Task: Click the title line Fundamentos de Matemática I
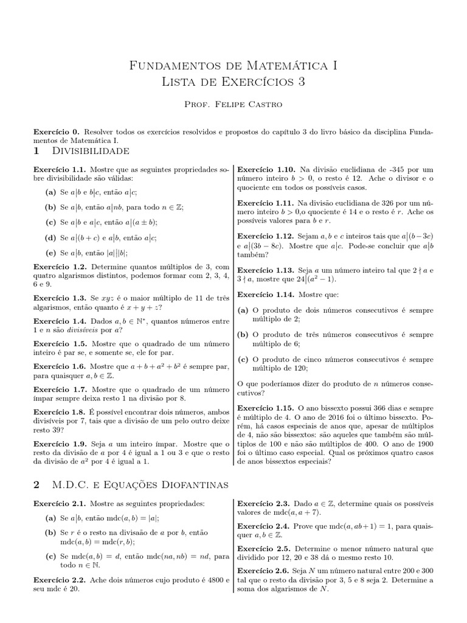[233, 65]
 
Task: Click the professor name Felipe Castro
[233, 105]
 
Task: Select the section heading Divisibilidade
[91, 150]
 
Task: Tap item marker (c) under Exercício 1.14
[243, 359]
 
